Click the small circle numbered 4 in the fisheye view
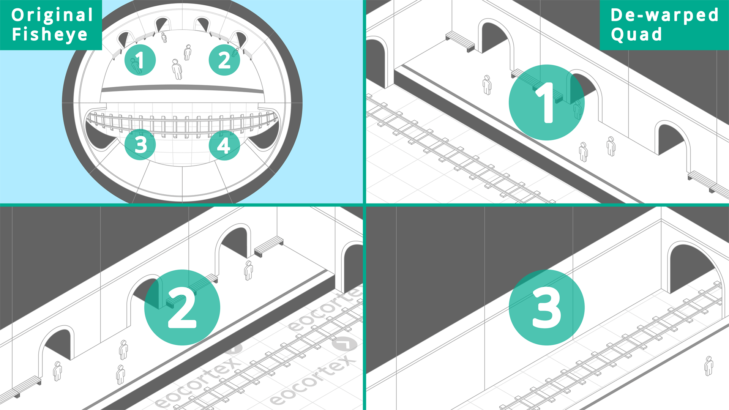(x=224, y=145)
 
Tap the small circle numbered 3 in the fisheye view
(x=140, y=144)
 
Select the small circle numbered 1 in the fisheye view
(x=140, y=60)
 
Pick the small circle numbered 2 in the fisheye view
(x=224, y=60)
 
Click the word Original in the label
(x=52, y=15)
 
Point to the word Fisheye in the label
(x=50, y=35)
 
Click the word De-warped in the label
(x=664, y=15)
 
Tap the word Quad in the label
(x=637, y=35)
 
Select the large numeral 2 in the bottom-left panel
(x=182, y=307)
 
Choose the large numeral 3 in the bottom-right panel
(x=547, y=307)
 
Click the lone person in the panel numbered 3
(x=708, y=366)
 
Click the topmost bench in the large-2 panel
(x=269, y=246)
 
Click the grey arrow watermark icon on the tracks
(x=344, y=344)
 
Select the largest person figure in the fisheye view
(x=177, y=69)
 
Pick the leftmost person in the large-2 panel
(x=57, y=371)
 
